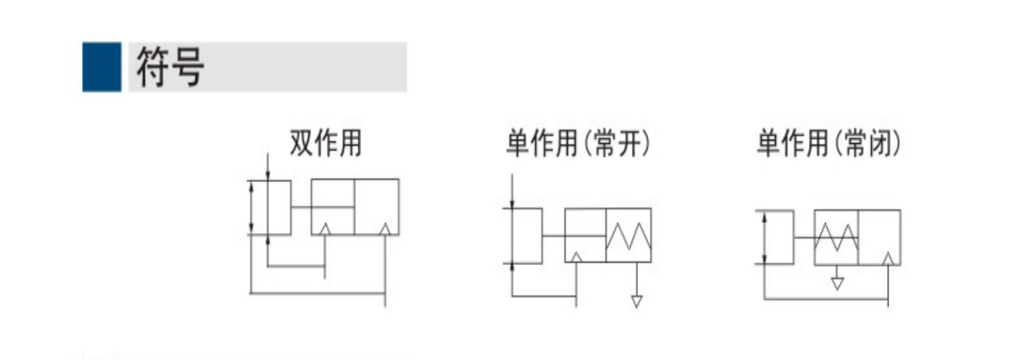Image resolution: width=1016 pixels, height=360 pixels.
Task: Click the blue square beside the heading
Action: point(102,67)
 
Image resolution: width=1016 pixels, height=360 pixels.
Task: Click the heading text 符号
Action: point(170,67)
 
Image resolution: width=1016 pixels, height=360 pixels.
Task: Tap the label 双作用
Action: point(326,143)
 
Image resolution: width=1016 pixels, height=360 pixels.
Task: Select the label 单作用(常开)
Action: point(578,143)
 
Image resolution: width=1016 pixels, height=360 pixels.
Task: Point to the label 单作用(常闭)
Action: point(829,143)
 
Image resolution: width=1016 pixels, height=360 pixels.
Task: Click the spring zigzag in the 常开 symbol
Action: point(628,236)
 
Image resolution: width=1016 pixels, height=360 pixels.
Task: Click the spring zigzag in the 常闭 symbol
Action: point(837,237)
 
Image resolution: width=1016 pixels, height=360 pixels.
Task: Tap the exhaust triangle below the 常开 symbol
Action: point(637,302)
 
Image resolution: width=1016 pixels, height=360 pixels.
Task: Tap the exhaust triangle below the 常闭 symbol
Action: point(837,284)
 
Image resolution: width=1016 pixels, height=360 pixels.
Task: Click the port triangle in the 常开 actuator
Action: point(576,258)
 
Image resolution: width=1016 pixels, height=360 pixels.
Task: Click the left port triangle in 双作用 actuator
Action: point(325,230)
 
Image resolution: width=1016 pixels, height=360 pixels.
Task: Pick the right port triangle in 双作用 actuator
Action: point(385,230)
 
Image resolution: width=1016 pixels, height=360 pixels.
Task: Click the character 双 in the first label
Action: point(301,143)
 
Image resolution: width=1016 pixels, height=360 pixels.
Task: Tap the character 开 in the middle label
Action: point(628,143)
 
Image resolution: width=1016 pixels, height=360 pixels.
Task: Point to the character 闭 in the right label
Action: point(879,143)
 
